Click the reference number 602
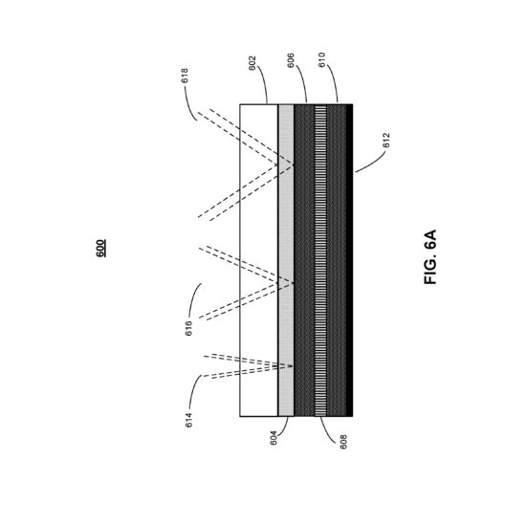pos(252,63)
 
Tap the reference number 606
pos(291,60)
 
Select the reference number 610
pos(321,59)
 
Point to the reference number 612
pos(386,141)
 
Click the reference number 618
pos(185,76)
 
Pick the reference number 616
pos(188,328)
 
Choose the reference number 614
pos(189,420)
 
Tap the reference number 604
pos(274,438)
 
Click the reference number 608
pos(343,442)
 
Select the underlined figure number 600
pos(100,249)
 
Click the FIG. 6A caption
pos(430,257)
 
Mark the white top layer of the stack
pos(259,260)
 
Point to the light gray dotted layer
pos(286,260)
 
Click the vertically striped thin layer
pos(320,260)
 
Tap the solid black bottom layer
pos(349,260)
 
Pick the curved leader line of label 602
pos(263,84)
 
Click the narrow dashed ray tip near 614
pos(292,366)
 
